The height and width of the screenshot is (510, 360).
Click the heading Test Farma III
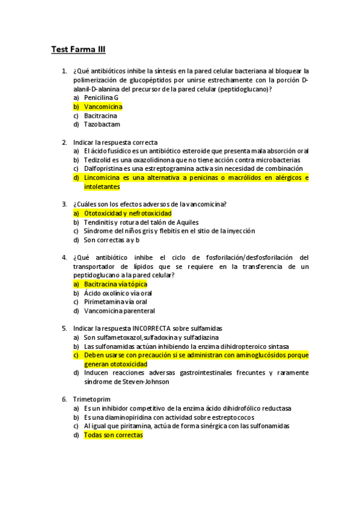coord(78,50)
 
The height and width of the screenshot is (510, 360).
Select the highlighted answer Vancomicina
coord(103,106)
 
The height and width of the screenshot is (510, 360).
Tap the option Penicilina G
coord(101,97)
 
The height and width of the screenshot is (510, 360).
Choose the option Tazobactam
coord(102,124)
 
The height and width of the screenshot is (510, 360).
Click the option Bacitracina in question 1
coord(100,115)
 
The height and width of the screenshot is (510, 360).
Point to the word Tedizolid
coord(98,160)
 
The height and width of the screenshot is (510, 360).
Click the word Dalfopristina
coord(105,169)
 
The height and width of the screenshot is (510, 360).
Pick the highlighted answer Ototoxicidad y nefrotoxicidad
coord(127,213)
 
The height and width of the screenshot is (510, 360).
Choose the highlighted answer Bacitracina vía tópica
coord(115,284)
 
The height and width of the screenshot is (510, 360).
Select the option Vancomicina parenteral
coord(119,311)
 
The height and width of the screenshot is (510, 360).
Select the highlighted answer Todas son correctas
coord(113,435)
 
